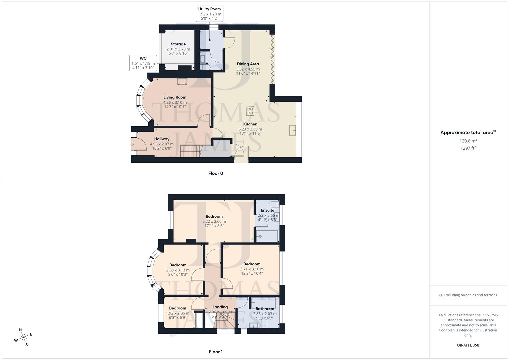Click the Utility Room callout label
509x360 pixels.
(x=209, y=14)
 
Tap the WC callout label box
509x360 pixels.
(x=143, y=63)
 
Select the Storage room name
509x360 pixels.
(x=178, y=44)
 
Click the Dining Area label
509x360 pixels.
(x=248, y=64)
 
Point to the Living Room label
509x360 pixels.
(x=175, y=97)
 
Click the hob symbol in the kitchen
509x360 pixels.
(x=250, y=111)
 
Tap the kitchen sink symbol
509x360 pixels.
(x=293, y=130)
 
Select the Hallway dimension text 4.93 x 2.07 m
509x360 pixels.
(x=162, y=144)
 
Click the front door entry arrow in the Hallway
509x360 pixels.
(x=132, y=144)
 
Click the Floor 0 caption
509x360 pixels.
(x=215, y=173)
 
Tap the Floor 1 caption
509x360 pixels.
(x=215, y=352)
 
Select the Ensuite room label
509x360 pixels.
(x=267, y=210)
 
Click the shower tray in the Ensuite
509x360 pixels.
(x=267, y=236)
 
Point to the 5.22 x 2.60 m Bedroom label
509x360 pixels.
(x=214, y=216)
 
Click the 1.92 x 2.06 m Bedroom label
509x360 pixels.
(x=177, y=308)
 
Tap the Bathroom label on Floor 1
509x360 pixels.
(x=265, y=309)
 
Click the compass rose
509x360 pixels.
(x=23, y=337)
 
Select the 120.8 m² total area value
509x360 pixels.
(x=468, y=141)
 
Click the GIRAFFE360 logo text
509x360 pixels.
(x=468, y=345)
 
